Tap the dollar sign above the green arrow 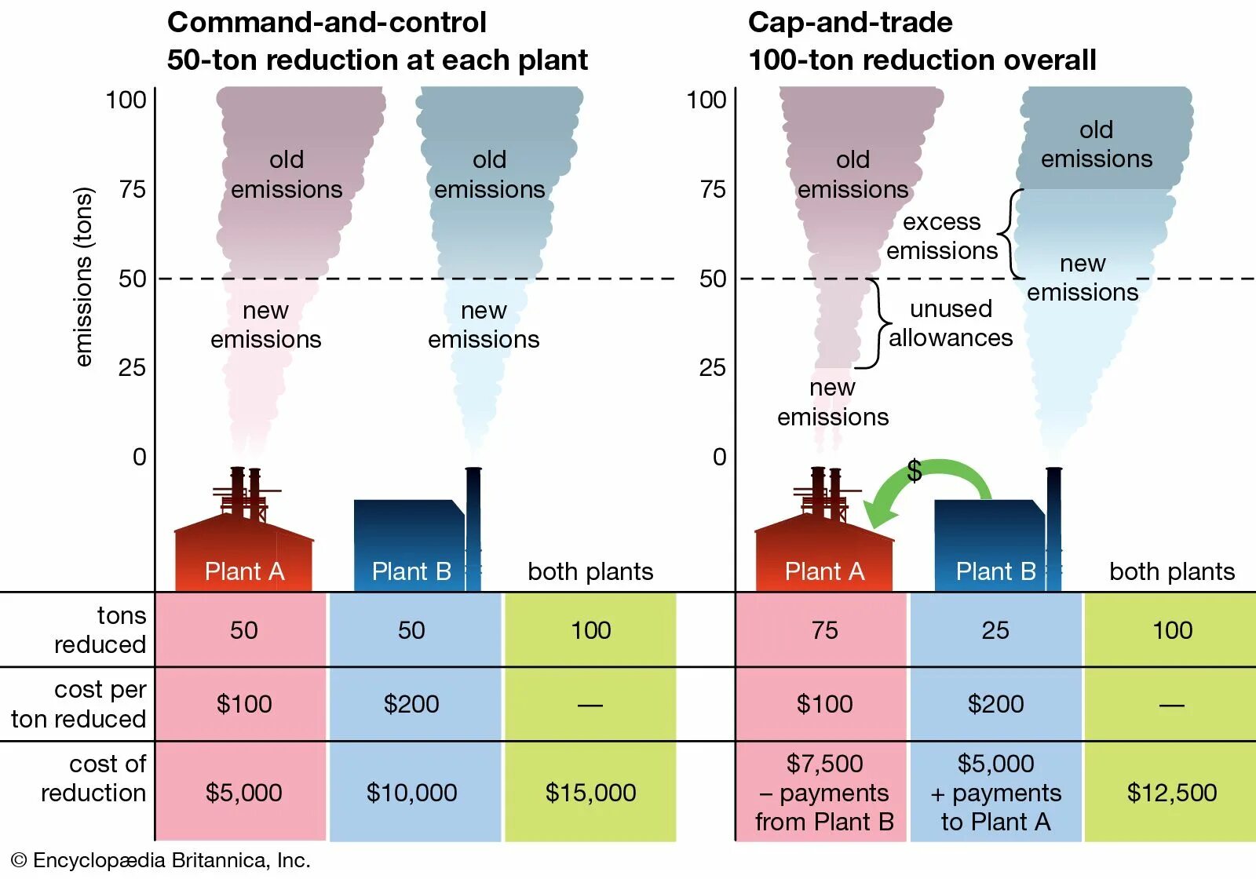pyautogui.click(x=914, y=471)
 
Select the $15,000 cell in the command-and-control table pyautogui.click(x=590, y=793)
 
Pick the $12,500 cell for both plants pyautogui.click(x=1171, y=793)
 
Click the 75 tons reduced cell pyautogui.click(x=824, y=630)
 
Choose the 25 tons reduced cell pyautogui.click(x=995, y=630)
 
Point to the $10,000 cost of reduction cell pyautogui.click(x=411, y=793)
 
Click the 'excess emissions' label pyautogui.click(x=941, y=236)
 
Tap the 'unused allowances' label pyautogui.click(x=951, y=323)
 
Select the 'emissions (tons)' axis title pyautogui.click(x=83, y=277)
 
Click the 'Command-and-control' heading pyautogui.click(x=327, y=23)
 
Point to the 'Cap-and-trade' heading pyautogui.click(x=850, y=23)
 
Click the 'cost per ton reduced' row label pyautogui.click(x=78, y=704)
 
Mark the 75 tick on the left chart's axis pyautogui.click(x=133, y=189)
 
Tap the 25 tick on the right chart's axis pyautogui.click(x=712, y=367)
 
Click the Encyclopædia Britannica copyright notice pyautogui.click(x=161, y=860)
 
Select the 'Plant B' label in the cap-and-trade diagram pyautogui.click(x=995, y=571)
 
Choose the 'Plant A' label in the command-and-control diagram pyautogui.click(x=244, y=571)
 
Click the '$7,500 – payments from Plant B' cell pyautogui.click(x=824, y=793)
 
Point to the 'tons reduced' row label pyautogui.click(x=100, y=630)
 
